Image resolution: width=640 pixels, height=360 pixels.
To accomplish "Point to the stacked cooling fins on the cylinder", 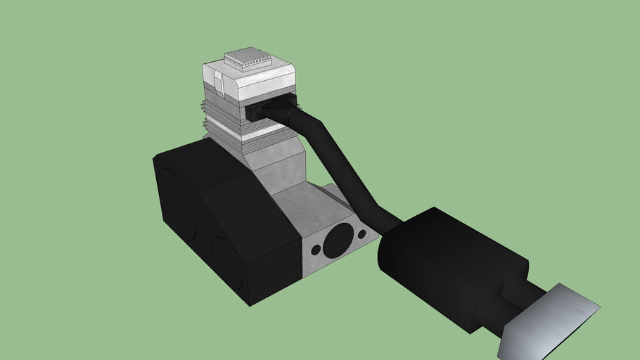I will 225,127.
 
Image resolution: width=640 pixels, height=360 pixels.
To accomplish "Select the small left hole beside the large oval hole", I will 316,250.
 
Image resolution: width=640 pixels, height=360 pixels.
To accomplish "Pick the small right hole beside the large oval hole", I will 361,233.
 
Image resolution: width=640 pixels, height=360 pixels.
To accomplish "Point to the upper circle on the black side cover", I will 177,200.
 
